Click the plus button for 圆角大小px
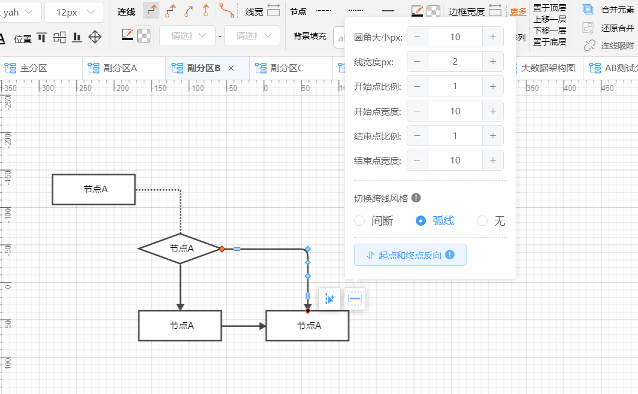pyautogui.click(x=492, y=37)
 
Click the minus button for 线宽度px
pyautogui.click(x=417, y=62)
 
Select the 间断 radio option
pyautogui.click(x=359, y=221)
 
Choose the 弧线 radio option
pyautogui.click(x=421, y=221)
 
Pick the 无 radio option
pyautogui.click(x=482, y=221)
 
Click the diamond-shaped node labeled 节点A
pyautogui.click(x=180, y=248)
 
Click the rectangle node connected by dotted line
pyautogui.click(x=94, y=189)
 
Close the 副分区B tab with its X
pyautogui.click(x=231, y=68)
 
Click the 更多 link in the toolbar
pyautogui.click(x=518, y=11)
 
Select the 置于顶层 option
pyautogui.click(x=549, y=8)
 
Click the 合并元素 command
pyautogui.click(x=617, y=10)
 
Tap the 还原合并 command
pyautogui.click(x=617, y=28)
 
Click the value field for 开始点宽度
pyautogui.click(x=455, y=111)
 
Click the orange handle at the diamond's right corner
pyautogui.click(x=222, y=248)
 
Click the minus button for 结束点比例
pyautogui.click(x=417, y=136)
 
